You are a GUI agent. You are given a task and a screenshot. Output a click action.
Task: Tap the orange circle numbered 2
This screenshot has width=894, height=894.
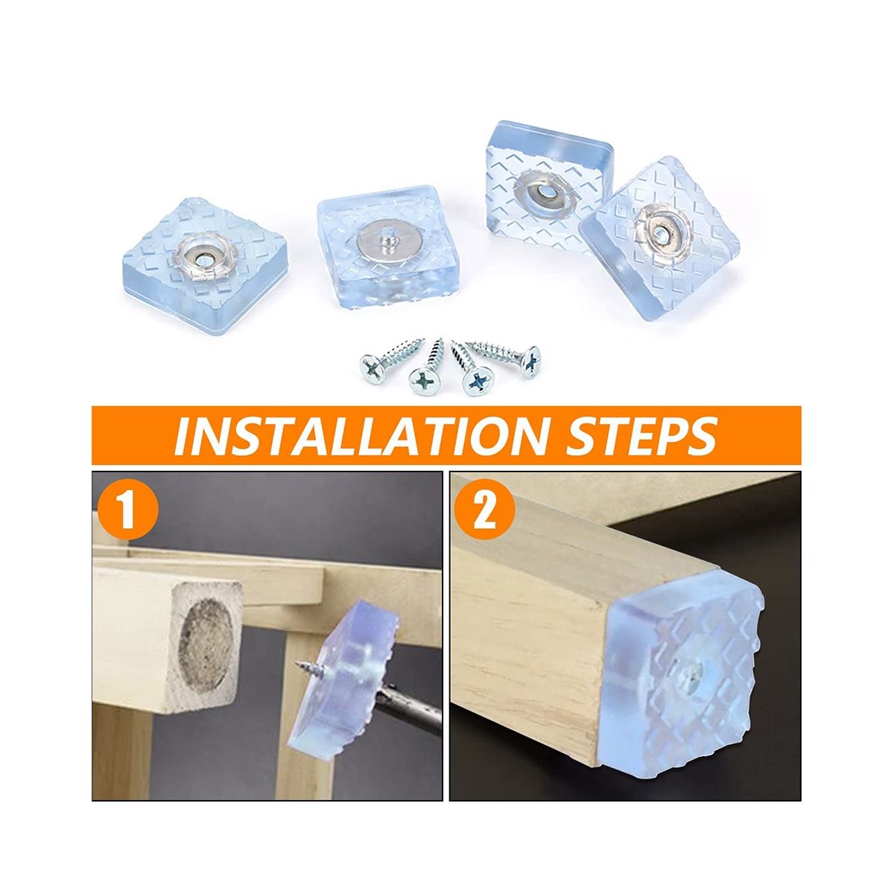[485, 512]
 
